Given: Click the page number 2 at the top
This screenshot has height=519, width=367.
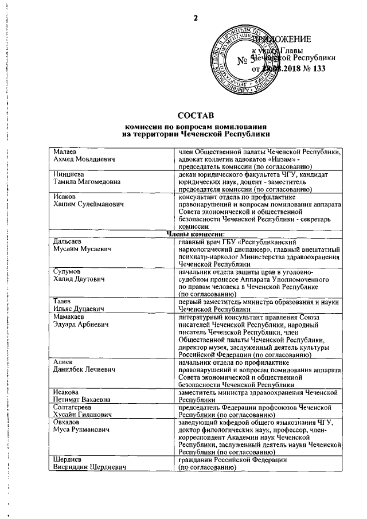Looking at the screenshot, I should tap(195, 16).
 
